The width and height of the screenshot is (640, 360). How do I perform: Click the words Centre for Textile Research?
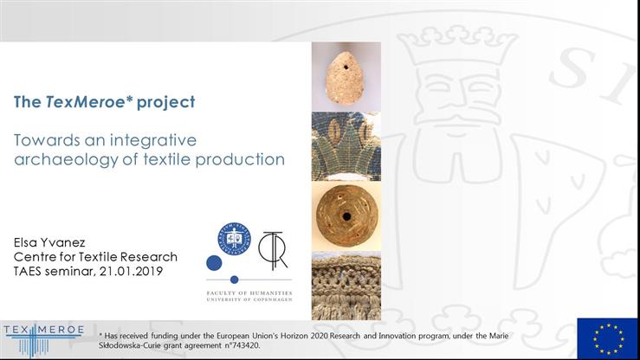pos(95,257)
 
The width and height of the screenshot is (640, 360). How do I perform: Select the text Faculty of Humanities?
pos(249,291)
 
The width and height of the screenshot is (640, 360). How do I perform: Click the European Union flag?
pos(608,338)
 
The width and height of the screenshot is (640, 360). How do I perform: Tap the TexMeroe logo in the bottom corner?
pos(43,337)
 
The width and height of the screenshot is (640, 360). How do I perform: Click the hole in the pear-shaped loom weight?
pos(346,64)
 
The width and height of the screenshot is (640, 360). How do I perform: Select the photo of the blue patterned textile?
pos(346,146)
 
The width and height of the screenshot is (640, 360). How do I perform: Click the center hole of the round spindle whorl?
pos(346,215)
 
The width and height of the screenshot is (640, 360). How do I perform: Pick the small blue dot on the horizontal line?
pos(234,280)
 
